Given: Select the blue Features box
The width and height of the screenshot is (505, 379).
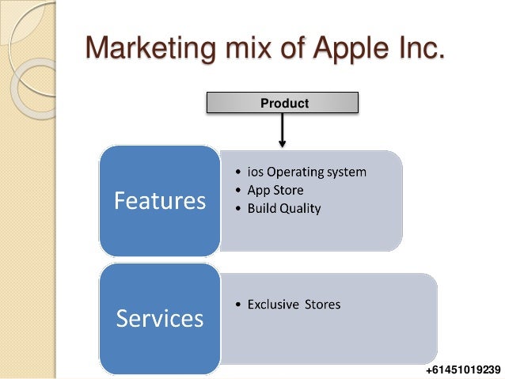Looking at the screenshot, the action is click(159, 201).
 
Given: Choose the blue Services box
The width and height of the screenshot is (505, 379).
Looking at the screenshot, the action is click(159, 318).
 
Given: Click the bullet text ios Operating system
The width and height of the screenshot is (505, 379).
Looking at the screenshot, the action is click(307, 172).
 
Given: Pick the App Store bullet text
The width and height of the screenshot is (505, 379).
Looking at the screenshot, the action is click(275, 190).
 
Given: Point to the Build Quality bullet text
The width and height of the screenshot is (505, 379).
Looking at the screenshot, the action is click(285, 209).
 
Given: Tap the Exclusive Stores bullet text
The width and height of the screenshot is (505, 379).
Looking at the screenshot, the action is click(294, 304).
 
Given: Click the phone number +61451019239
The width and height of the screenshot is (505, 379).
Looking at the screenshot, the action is click(462, 370).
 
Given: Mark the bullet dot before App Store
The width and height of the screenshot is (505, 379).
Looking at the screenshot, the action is click(240, 191).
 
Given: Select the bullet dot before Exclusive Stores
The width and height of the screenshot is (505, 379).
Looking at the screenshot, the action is click(240, 305).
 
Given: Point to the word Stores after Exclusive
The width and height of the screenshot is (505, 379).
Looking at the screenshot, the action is click(323, 304).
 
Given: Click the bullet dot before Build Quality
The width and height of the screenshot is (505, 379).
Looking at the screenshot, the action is click(240, 210).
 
